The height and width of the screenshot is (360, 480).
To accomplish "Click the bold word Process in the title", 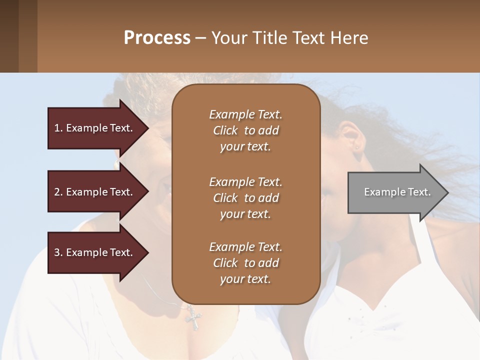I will click(x=157, y=38).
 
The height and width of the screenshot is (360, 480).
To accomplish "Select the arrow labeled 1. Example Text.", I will click(x=95, y=128).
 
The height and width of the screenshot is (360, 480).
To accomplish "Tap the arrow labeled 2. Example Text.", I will click(x=95, y=192).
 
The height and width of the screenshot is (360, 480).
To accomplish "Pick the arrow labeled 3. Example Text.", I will click(x=95, y=252).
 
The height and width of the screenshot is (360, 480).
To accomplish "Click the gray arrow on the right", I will click(x=395, y=192).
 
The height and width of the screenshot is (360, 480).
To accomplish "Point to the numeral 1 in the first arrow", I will click(x=57, y=128).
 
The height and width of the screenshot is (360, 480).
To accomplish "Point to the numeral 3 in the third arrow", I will click(x=57, y=252).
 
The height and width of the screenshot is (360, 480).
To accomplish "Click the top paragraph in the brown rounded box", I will click(x=245, y=130).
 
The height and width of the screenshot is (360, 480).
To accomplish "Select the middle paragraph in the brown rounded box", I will click(x=245, y=198).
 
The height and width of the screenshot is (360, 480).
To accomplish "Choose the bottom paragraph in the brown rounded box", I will click(x=245, y=263).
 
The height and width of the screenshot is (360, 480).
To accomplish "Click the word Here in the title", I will click(x=349, y=38).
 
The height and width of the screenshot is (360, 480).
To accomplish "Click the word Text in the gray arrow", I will click(x=419, y=192).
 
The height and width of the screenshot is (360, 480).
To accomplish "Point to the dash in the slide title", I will click(x=201, y=38).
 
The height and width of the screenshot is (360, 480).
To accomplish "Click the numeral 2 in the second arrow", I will click(x=57, y=192).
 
